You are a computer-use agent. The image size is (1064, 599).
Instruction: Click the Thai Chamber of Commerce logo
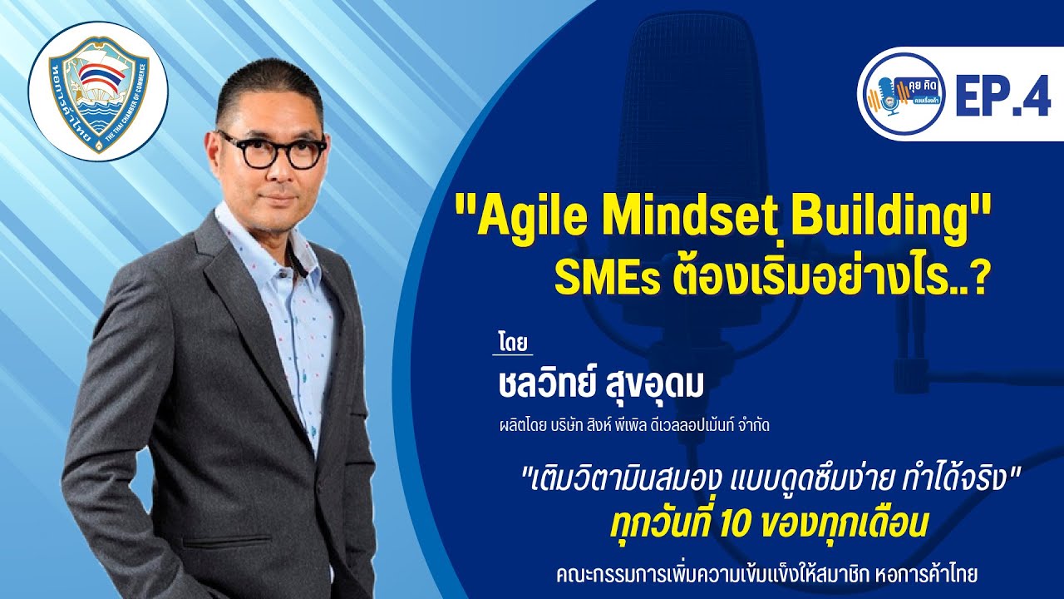coord(98,92)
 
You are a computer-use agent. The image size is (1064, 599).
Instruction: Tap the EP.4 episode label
coord(1002,98)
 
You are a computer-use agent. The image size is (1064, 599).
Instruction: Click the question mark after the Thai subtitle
coord(978,279)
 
